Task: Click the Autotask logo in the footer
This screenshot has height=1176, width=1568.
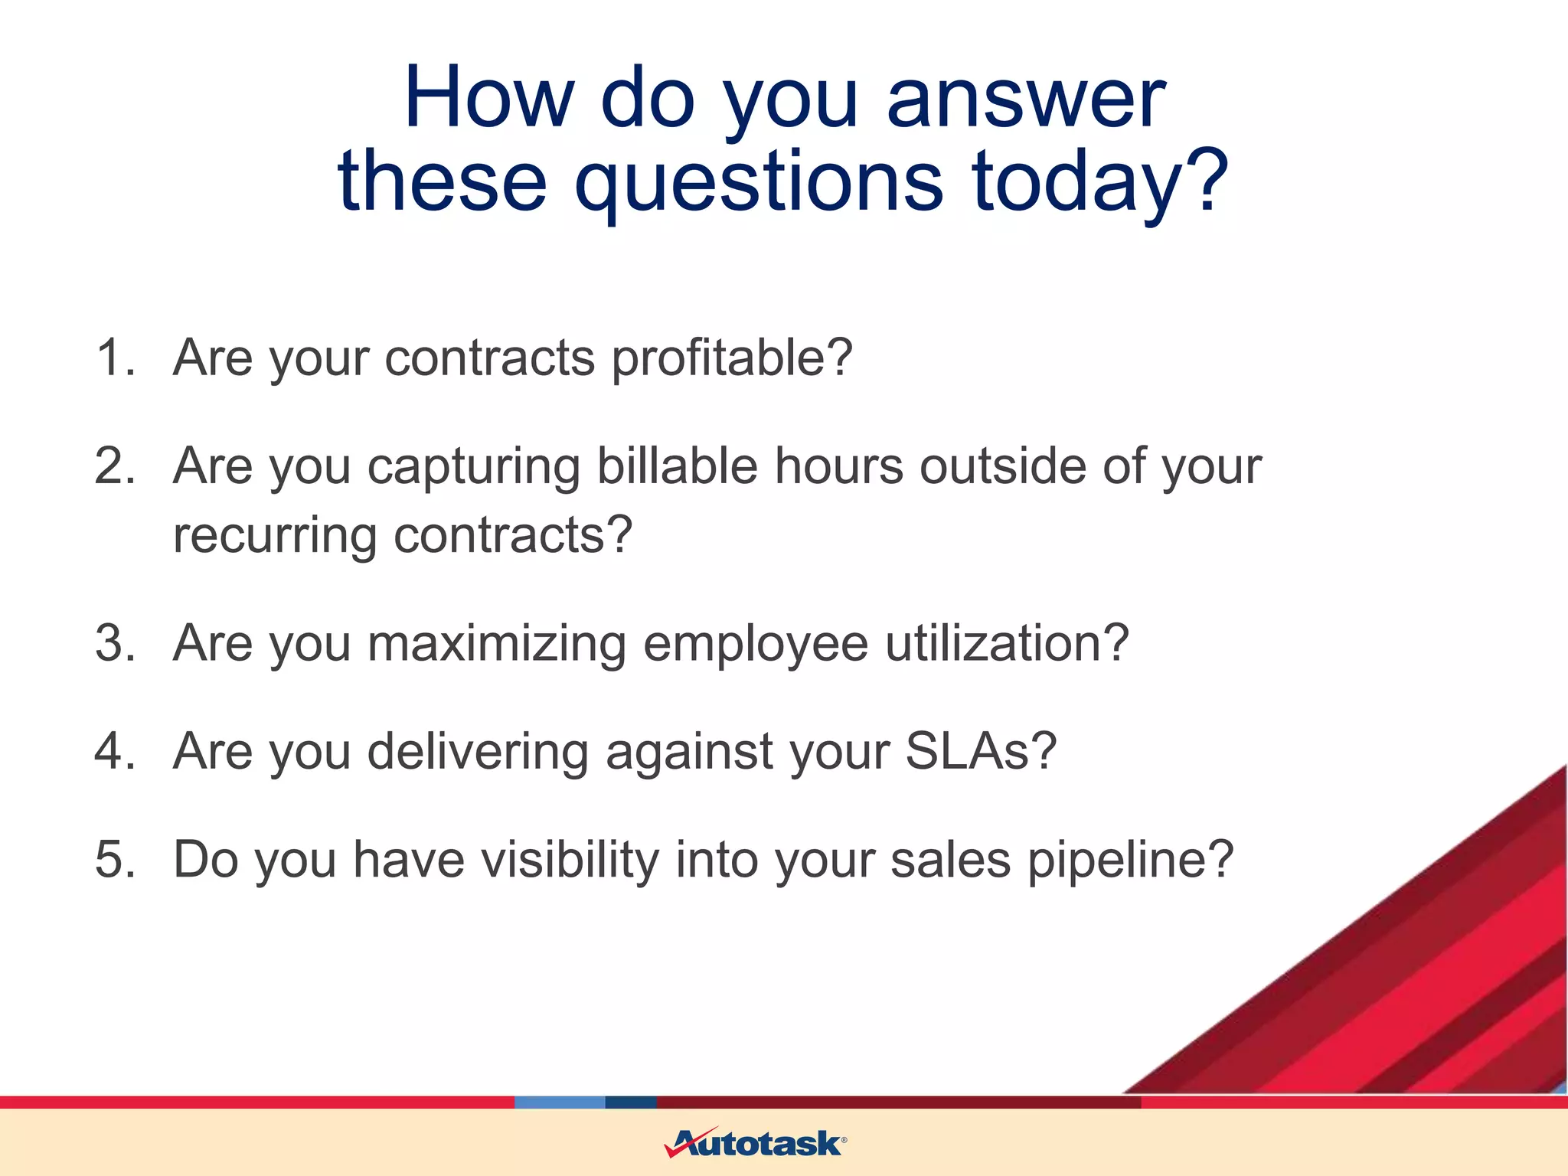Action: pos(755,1143)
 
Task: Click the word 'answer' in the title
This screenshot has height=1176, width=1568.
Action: pos(1025,100)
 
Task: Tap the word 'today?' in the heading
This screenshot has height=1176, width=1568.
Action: pos(1100,182)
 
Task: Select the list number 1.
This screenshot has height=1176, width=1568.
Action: pos(114,358)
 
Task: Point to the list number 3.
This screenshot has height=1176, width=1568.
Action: pos(114,643)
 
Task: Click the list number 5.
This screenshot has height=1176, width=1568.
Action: pos(114,859)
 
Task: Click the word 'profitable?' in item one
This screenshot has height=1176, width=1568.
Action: pos(732,358)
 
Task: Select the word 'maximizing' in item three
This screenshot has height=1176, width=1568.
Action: pos(497,643)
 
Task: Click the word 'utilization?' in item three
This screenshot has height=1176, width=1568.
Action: pos(1007,643)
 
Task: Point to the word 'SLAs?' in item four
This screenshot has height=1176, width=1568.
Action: pos(981,751)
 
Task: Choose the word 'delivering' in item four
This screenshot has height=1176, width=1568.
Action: pos(478,751)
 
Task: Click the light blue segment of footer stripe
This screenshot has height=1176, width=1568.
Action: pos(559,1102)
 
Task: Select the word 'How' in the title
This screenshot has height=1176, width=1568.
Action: pos(488,100)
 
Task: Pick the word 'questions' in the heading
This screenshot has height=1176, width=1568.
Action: pos(758,182)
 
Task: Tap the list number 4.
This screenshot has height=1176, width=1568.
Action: pos(114,751)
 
